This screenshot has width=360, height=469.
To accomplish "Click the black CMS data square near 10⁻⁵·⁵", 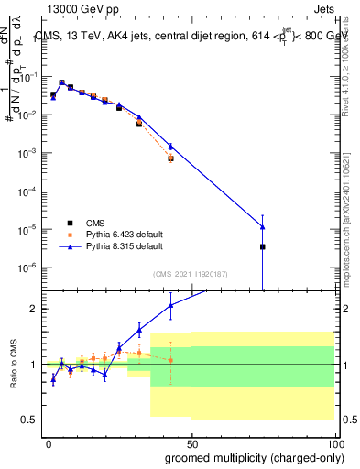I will [x=263, y=246].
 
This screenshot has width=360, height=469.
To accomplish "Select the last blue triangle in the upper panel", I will [x=263, y=227].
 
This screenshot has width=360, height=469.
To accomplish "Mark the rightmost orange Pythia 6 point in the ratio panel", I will [x=170, y=360].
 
